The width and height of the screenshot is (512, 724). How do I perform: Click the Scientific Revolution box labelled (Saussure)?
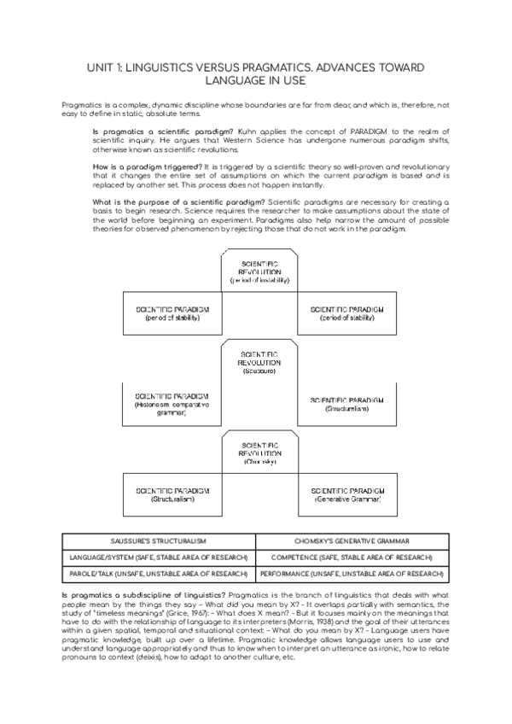click(259, 363)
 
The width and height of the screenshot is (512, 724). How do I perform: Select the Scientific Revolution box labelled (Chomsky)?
click(259, 453)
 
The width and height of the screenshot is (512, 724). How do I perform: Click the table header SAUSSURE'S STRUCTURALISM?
click(160, 541)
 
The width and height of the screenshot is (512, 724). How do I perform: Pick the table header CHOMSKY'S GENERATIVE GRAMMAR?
click(352, 541)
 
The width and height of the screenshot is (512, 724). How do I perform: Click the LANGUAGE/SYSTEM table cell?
click(160, 558)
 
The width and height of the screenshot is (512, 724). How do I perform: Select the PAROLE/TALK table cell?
click(160, 574)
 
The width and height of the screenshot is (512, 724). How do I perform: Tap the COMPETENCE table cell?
click(352, 558)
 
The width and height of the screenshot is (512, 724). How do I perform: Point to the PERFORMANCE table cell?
click(352, 574)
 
